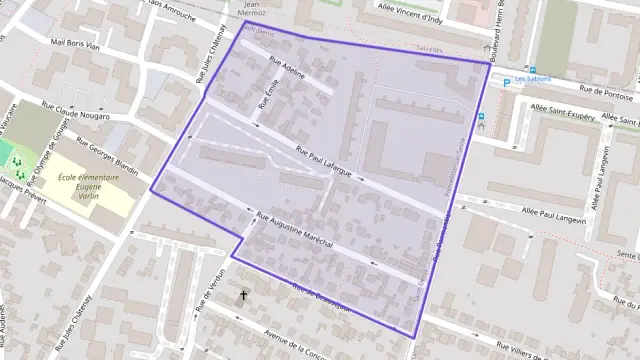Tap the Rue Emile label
coord(265,94)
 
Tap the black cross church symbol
coord(242,296)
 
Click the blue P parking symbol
coord(505,81)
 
